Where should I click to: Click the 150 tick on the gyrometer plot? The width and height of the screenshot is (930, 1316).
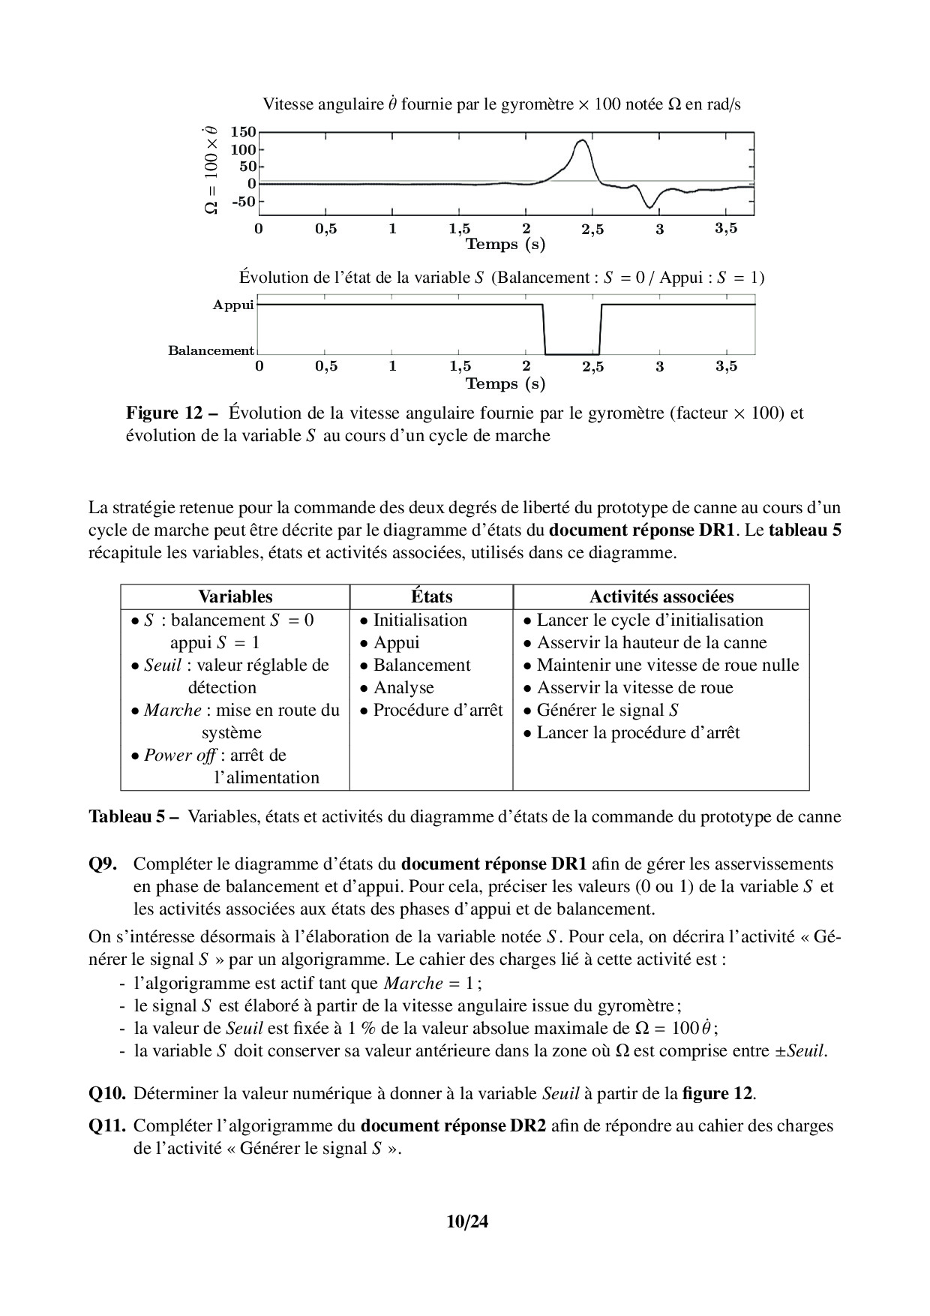(242, 131)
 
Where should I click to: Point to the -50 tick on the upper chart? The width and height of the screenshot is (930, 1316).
(242, 201)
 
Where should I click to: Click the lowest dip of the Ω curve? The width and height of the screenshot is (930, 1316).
(649, 207)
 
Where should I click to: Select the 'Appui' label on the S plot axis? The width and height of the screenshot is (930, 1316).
(233, 305)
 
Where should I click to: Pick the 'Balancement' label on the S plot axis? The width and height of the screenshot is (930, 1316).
(211, 350)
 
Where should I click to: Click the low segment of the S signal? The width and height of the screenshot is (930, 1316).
(571, 353)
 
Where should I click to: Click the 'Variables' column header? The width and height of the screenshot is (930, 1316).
(235, 596)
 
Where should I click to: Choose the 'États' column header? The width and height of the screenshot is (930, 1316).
(431, 596)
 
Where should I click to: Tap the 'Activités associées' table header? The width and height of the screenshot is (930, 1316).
(661, 596)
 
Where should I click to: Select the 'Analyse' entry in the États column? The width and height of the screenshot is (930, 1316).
(403, 687)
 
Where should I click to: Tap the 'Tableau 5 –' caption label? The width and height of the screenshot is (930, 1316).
(133, 816)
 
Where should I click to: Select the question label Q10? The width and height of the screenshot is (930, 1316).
(107, 1093)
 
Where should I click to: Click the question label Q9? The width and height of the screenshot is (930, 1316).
(103, 864)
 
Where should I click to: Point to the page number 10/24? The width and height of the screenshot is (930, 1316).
(466, 1221)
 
